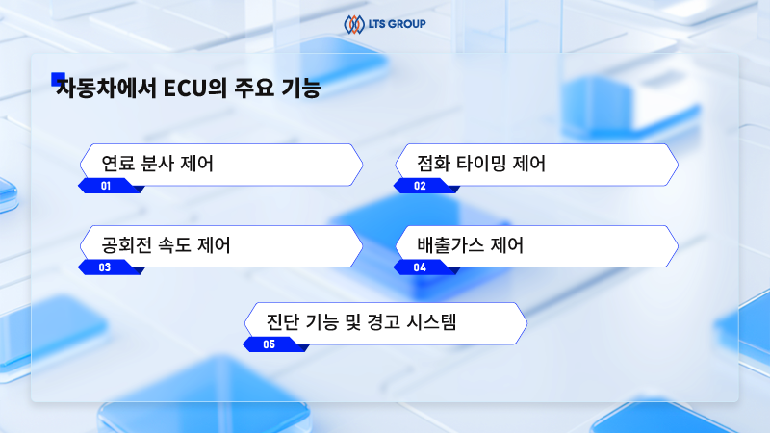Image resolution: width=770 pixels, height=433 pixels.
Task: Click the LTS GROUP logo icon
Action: pyautogui.click(x=353, y=24)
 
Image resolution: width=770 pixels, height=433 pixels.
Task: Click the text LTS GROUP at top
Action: pyautogui.click(x=397, y=23)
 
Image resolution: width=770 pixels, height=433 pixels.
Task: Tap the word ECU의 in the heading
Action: pyautogui.click(x=194, y=89)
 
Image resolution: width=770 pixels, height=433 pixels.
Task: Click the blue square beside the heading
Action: pyautogui.click(x=58, y=79)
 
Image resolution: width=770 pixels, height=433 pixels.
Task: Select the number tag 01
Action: pyautogui.click(x=106, y=186)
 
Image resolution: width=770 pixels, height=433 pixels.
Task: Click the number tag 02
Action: pyautogui.click(x=421, y=186)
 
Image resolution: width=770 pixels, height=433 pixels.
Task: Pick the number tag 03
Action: pyautogui.click(x=105, y=267)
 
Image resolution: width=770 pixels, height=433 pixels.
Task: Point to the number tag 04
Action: pyautogui.click(x=421, y=267)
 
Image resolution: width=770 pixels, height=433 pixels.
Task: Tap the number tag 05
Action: pyautogui.click(x=269, y=344)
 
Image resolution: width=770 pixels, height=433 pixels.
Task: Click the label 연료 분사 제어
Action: pyautogui.click(x=157, y=164)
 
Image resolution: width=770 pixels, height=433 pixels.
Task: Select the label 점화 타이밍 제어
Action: pyautogui.click(x=481, y=164)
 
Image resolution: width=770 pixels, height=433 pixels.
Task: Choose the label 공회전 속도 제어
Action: pyautogui.click(x=166, y=245)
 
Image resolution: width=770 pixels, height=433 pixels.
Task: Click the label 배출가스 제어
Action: pyautogui.click(x=471, y=245)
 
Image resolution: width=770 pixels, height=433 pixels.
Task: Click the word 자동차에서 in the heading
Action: pyautogui.click(x=106, y=89)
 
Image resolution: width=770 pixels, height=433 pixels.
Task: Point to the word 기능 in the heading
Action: pyautogui.click(x=301, y=89)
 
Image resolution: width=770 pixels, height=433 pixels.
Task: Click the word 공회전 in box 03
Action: pyautogui.click(x=127, y=245)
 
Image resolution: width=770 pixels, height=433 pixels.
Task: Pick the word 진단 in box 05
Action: pyautogui.click(x=282, y=322)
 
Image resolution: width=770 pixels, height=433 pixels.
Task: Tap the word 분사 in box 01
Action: pyautogui.click(x=157, y=164)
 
